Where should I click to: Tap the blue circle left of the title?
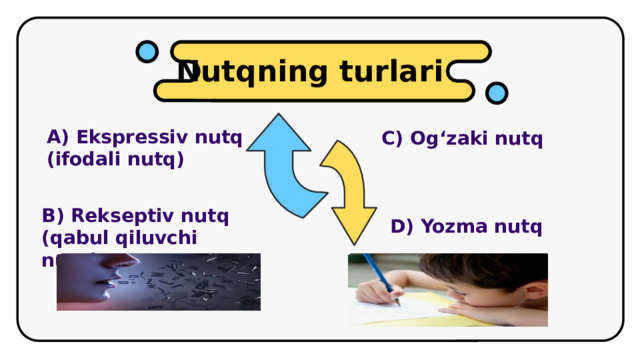(x=146, y=50)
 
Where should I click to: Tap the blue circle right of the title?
(x=496, y=93)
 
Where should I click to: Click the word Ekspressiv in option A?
(x=123, y=138)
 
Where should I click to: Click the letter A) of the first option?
(x=57, y=138)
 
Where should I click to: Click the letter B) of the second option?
(x=53, y=215)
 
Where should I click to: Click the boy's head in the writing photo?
(x=500, y=281)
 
